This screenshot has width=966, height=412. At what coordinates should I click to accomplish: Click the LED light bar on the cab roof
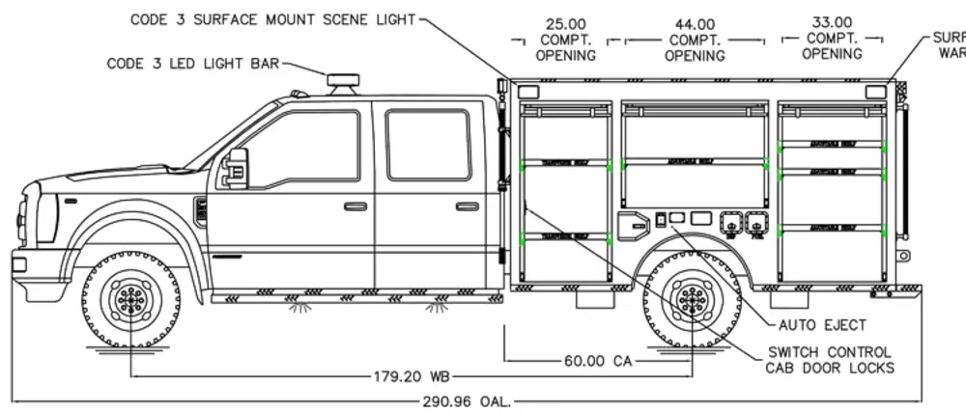click(x=343, y=84)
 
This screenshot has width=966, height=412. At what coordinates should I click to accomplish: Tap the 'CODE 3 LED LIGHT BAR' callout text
click(x=193, y=64)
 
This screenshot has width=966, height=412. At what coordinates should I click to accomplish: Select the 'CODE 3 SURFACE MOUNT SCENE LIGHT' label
click(x=273, y=19)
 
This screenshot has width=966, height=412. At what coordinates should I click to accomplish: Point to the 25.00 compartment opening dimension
click(x=567, y=39)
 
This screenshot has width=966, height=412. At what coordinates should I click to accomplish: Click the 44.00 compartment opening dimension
click(x=696, y=39)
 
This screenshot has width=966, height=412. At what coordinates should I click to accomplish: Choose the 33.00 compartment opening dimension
click(x=832, y=38)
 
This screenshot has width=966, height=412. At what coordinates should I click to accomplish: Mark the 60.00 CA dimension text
click(x=597, y=361)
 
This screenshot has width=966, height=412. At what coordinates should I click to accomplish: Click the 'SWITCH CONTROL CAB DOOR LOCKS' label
click(x=829, y=360)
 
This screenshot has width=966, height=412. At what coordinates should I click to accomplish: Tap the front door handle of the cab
click(x=355, y=206)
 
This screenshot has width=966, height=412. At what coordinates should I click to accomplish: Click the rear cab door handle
click(x=468, y=206)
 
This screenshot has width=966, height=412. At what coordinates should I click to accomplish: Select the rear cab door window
click(x=428, y=144)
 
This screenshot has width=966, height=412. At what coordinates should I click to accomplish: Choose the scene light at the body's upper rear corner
click(x=875, y=91)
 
